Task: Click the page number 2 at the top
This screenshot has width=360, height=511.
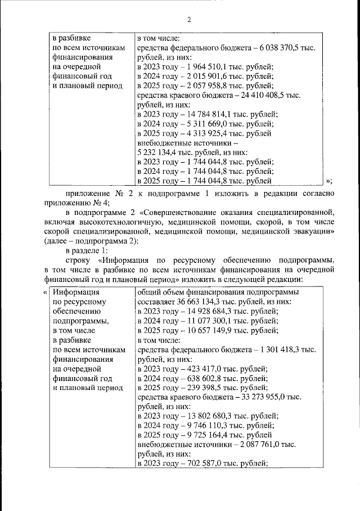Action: click(189, 20)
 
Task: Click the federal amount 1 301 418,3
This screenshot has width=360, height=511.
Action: click(279, 350)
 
